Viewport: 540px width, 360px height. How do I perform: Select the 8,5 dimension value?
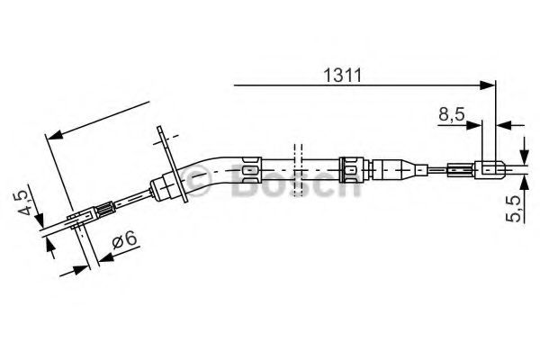click(451, 114)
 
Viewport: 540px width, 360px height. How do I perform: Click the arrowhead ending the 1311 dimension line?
click(490, 85)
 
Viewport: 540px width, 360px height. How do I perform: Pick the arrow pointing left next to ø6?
click(103, 256)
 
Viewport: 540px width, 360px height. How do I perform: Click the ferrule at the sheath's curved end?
click(167, 186)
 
